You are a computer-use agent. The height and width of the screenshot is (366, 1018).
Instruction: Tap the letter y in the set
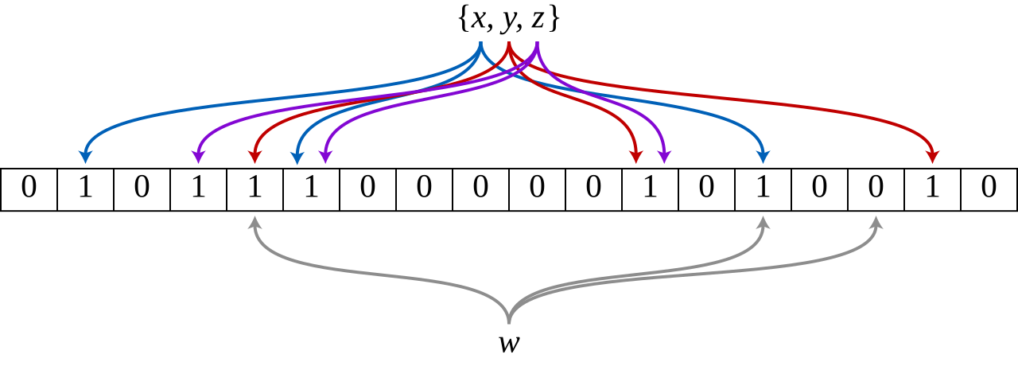click(x=510, y=22)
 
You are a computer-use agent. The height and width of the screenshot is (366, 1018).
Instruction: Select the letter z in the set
click(x=538, y=21)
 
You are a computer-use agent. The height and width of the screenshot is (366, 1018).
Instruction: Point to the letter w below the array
click(x=509, y=345)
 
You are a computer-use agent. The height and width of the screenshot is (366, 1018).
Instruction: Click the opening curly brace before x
click(x=463, y=21)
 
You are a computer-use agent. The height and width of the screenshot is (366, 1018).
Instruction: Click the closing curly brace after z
click(x=554, y=21)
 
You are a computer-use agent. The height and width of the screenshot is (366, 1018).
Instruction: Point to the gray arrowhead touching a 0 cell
click(x=876, y=225)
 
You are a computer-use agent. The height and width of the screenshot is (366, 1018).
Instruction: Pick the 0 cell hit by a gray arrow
click(x=876, y=189)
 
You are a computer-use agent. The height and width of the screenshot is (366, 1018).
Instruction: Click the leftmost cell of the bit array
click(x=29, y=189)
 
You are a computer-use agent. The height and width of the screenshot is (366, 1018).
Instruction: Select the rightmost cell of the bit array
click(x=989, y=189)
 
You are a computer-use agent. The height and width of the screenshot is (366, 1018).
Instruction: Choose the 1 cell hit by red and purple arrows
click(x=650, y=189)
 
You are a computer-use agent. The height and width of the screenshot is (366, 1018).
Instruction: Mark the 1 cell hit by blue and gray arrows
click(x=763, y=189)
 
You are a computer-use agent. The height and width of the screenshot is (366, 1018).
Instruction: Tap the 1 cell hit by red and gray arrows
click(x=254, y=189)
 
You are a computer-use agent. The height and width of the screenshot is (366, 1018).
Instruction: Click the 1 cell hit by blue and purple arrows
click(x=311, y=189)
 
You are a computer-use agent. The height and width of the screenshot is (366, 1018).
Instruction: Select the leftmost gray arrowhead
click(x=254, y=225)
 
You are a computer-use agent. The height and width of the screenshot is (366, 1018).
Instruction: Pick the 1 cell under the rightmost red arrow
click(x=932, y=189)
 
